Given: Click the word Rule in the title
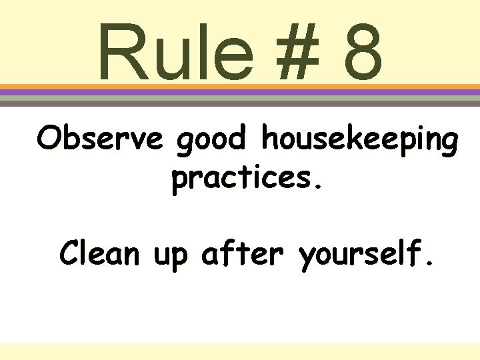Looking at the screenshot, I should pos(175,52).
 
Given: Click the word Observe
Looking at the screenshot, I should pos(99,139).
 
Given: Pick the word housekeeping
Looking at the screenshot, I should pos(360,142).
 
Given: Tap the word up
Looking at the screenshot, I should pos(171,257).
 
